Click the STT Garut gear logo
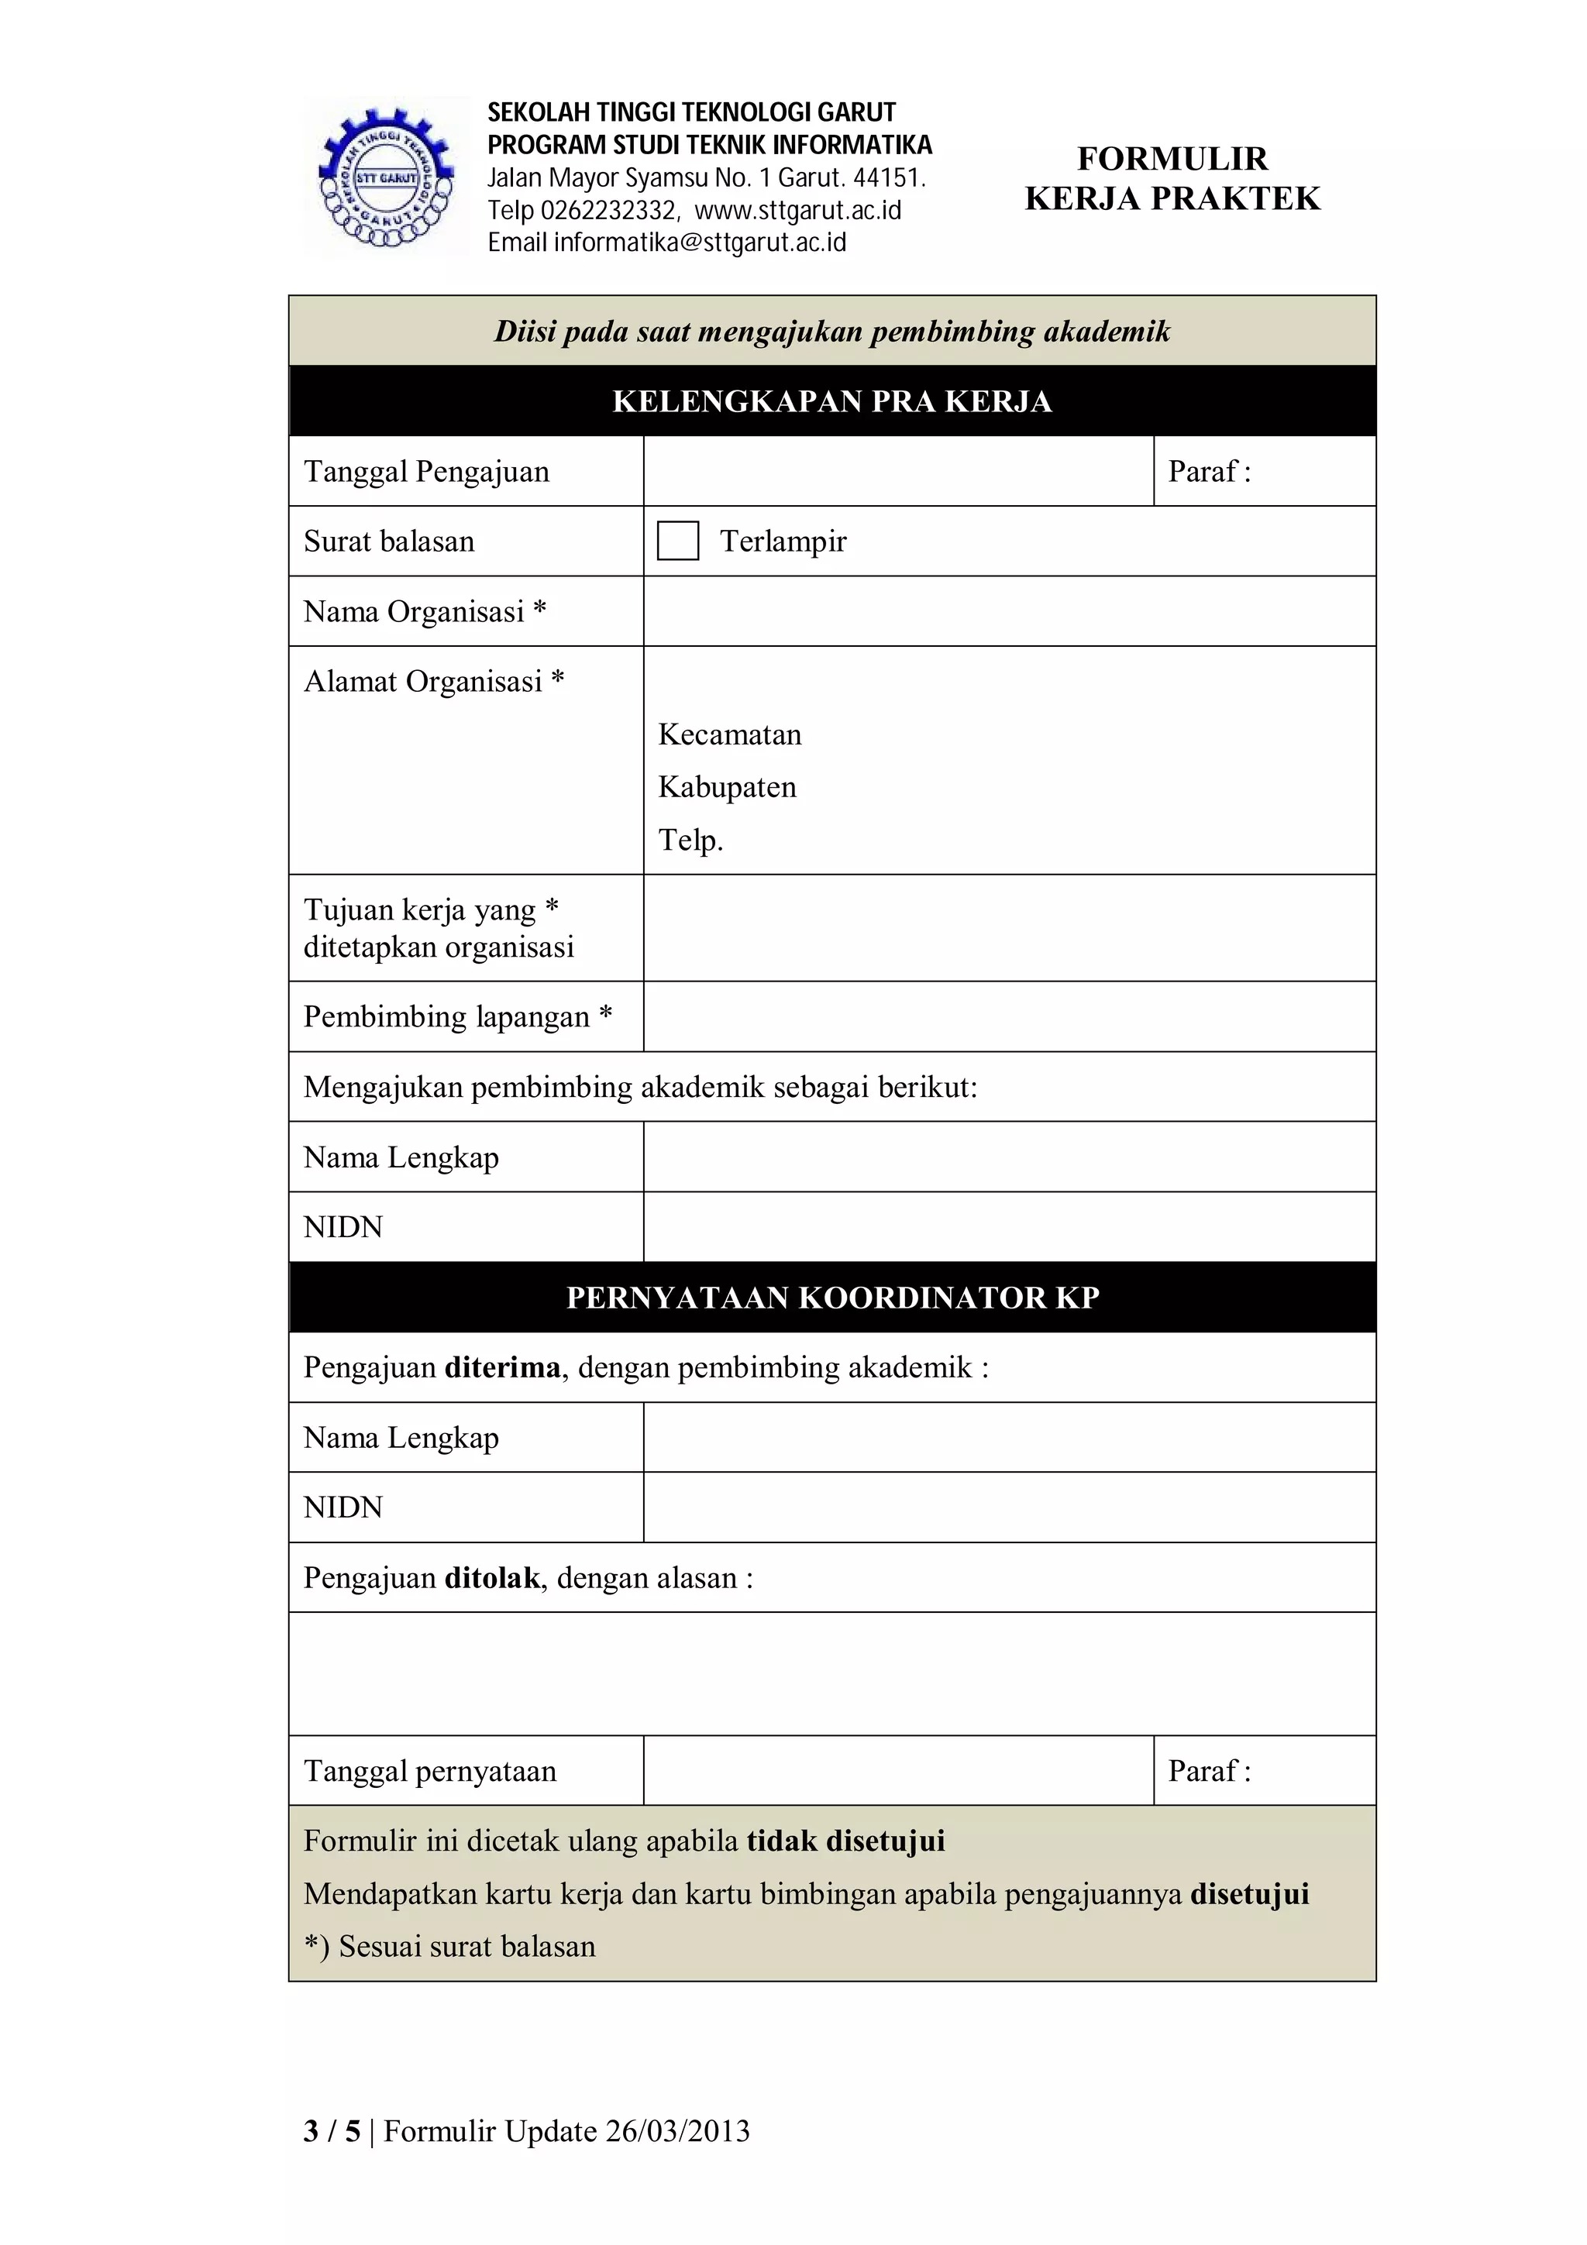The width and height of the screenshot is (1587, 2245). pyautogui.click(x=386, y=178)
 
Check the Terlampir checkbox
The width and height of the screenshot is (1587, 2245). pyautogui.click(x=677, y=541)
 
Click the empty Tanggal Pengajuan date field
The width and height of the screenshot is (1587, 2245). pyautogui.click(x=897, y=471)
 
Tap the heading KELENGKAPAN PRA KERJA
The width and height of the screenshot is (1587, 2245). pyautogui.click(x=832, y=401)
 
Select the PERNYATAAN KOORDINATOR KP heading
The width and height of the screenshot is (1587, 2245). pyautogui.click(x=832, y=1298)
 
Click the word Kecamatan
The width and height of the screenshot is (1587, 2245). pyautogui.click(x=729, y=734)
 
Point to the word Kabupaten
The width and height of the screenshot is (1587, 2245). pyautogui.click(x=727, y=787)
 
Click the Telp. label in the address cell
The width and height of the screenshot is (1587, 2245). pyautogui.click(x=690, y=840)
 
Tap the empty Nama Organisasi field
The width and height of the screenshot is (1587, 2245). pyautogui.click(x=1009, y=611)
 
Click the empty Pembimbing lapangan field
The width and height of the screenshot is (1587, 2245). pyautogui.click(x=1009, y=1017)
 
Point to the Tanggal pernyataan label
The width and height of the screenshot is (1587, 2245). pyautogui.click(x=429, y=1771)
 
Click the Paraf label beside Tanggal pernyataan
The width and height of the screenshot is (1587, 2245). pyautogui.click(x=1209, y=1771)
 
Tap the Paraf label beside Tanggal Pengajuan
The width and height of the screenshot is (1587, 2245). pyautogui.click(x=1209, y=471)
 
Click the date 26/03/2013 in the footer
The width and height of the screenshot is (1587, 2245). pyautogui.click(x=676, y=2130)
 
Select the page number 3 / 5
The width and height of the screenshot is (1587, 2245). pyautogui.click(x=332, y=2130)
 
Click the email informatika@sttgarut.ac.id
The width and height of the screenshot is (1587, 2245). pyautogui.click(x=667, y=242)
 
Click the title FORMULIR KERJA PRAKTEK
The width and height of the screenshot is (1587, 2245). pyautogui.click(x=1172, y=178)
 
